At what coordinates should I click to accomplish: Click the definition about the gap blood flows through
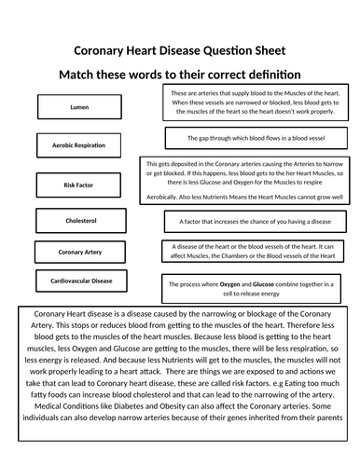(x=256, y=138)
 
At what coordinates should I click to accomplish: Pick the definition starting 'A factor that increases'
(x=256, y=223)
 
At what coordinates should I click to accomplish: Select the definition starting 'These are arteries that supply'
(x=256, y=103)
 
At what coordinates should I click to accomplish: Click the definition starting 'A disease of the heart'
(x=256, y=253)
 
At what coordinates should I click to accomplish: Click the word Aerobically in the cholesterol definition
(x=170, y=199)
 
